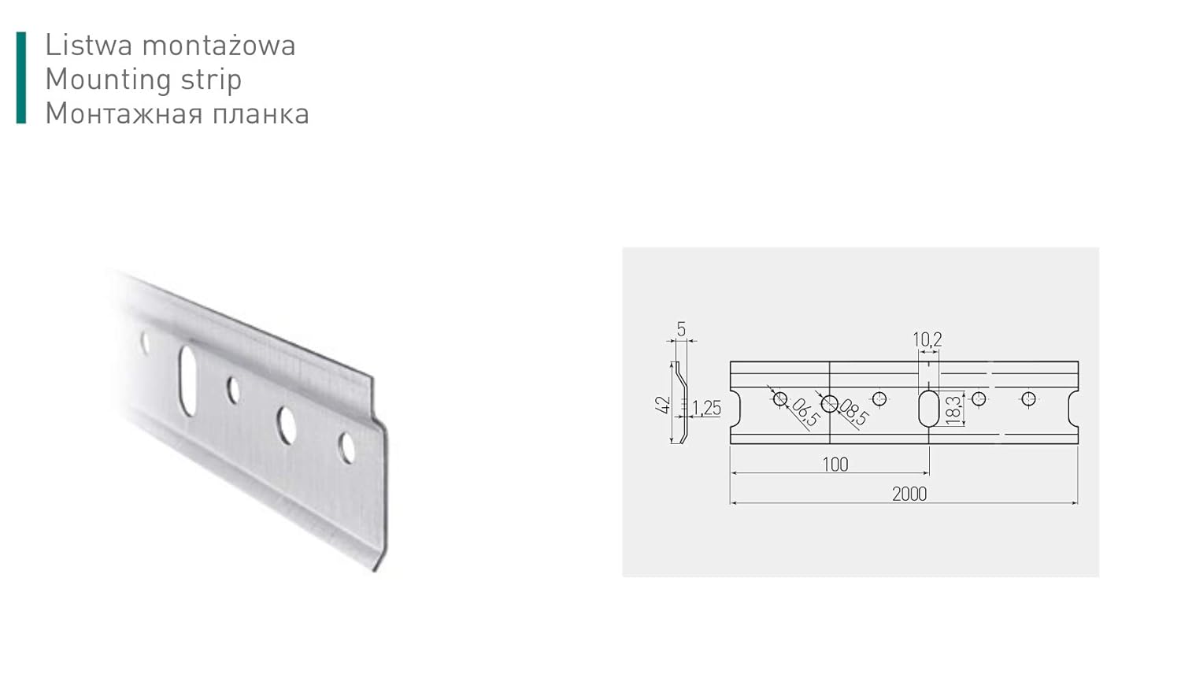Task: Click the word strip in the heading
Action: pyautogui.click(x=210, y=80)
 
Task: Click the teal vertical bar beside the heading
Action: pyautogui.click(x=21, y=78)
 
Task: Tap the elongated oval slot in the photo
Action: pyautogui.click(x=189, y=379)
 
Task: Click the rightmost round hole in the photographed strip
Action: pyautogui.click(x=347, y=446)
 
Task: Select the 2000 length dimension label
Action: pyautogui.click(x=909, y=494)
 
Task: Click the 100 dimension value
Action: pyautogui.click(x=835, y=465)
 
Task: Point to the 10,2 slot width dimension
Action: pyautogui.click(x=927, y=339)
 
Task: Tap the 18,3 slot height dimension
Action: pyautogui.click(x=953, y=410)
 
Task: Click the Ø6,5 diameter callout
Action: pyautogui.click(x=804, y=412)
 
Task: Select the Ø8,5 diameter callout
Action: pyautogui.click(x=853, y=412)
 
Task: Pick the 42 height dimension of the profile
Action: pyautogui.click(x=663, y=405)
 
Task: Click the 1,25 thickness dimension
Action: pyautogui.click(x=706, y=408)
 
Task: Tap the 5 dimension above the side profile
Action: pyautogui.click(x=681, y=330)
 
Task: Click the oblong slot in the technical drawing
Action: pyautogui.click(x=929, y=408)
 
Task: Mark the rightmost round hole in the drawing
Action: pyautogui.click(x=1028, y=398)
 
